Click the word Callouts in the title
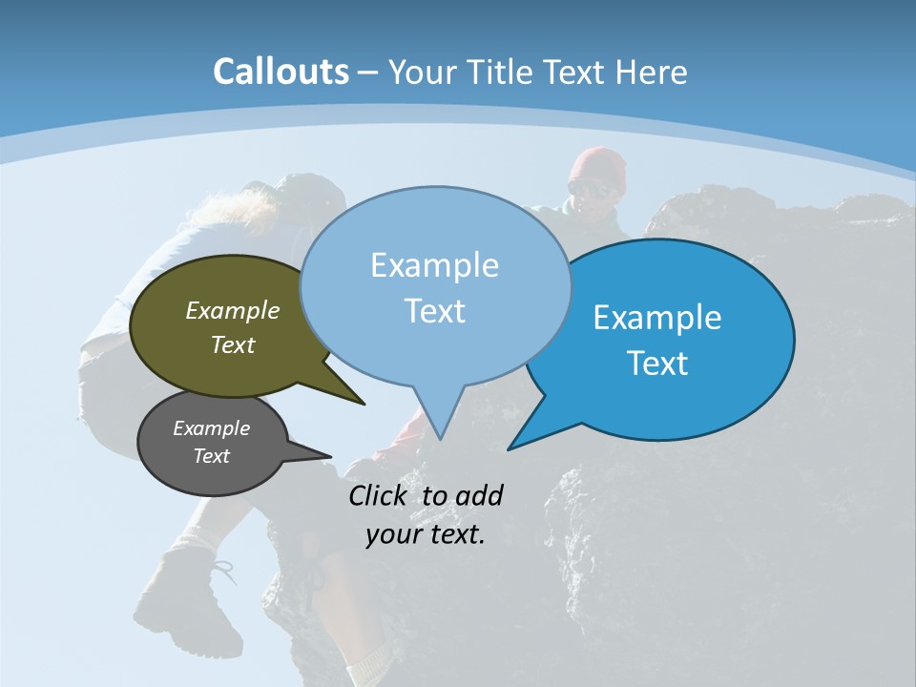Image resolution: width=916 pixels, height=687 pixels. [281, 72]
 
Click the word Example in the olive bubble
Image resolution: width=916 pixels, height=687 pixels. [233, 310]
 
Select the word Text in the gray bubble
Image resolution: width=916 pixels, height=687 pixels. [211, 456]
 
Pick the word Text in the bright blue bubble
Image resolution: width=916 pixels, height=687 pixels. [657, 363]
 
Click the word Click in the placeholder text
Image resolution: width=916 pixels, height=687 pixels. [381, 495]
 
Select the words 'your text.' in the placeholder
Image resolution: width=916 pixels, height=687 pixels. [426, 534]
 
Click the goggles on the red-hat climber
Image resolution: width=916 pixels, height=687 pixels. [591, 188]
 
